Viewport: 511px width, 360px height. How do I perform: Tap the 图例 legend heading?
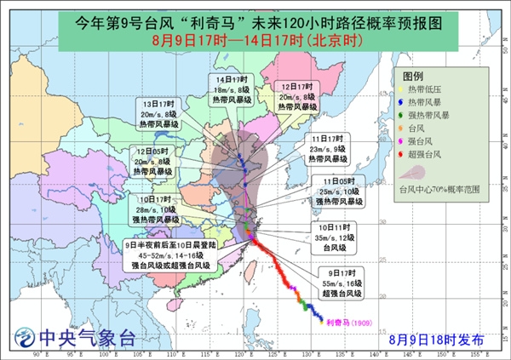click(414, 76)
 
